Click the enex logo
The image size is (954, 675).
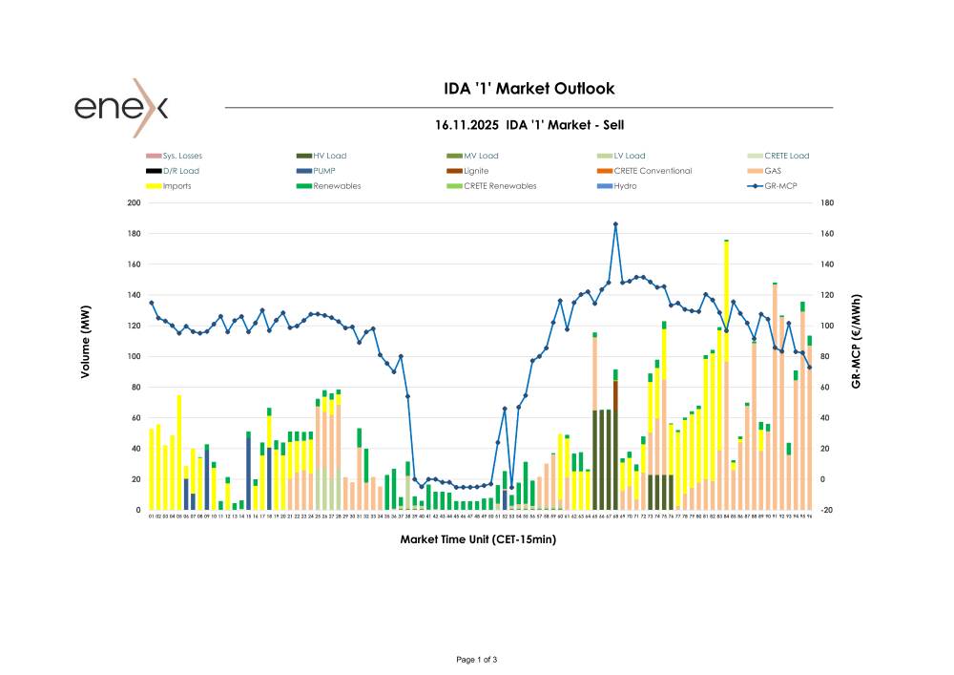[x=121, y=107]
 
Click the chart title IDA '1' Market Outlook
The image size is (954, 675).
[x=529, y=89]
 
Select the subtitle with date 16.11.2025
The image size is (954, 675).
[x=529, y=125]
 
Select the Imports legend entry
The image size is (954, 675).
[x=176, y=186]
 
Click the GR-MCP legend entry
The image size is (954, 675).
[x=778, y=186]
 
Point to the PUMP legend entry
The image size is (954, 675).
[x=325, y=171]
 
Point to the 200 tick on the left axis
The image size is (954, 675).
[x=135, y=203]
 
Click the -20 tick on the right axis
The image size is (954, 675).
[x=826, y=510]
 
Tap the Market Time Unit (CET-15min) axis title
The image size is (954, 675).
[x=479, y=539]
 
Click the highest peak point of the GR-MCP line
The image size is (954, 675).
[x=615, y=224]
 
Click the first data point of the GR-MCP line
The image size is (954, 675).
[x=151, y=303]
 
